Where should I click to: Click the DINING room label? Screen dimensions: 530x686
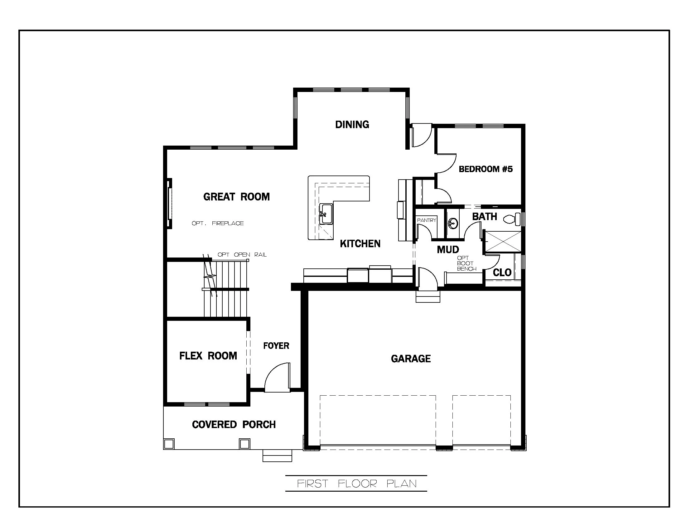[x=352, y=125]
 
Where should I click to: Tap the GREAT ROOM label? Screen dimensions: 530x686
[x=236, y=197]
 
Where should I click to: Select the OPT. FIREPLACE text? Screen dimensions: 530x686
[x=218, y=223]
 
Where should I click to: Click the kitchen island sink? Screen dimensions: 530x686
[x=326, y=214]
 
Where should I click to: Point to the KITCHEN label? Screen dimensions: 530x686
[x=360, y=244]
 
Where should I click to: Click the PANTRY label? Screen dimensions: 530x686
[x=426, y=220]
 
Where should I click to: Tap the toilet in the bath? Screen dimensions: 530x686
[x=511, y=219]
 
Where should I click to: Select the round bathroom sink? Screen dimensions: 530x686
[x=453, y=224]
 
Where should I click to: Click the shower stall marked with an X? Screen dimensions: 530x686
[x=503, y=241]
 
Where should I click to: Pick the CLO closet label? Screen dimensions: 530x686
[x=502, y=272]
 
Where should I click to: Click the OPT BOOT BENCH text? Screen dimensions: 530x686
[x=466, y=263]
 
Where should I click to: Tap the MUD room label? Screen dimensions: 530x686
[x=448, y=250]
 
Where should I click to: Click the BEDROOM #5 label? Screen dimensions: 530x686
[x=486, y=169]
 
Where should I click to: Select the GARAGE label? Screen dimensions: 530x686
[x=411, y=359]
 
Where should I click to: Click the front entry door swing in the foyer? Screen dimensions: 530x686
[x=277, y=378]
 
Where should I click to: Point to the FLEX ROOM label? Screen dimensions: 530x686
[x=208, y=356]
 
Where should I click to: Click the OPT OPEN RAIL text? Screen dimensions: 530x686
[x=242, y=255]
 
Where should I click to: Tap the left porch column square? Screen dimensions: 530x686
[x=169, y=444]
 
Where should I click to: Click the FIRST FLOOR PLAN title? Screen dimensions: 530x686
[x=356, y=484]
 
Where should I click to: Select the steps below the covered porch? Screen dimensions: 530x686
[x=277, y=456]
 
